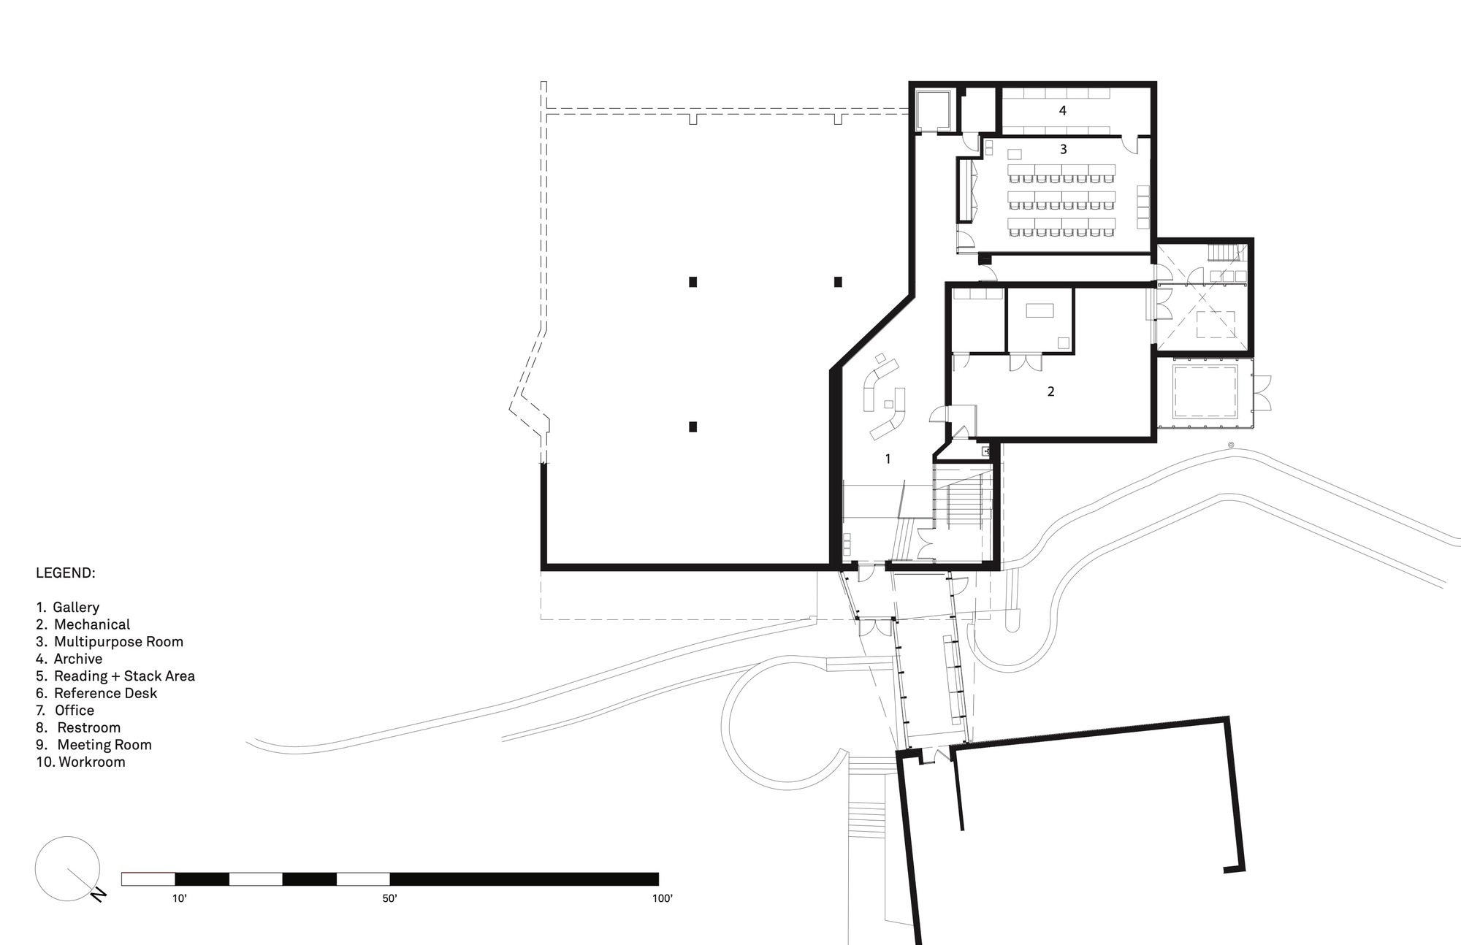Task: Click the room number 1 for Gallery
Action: pos(888,459)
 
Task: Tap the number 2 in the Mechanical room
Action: pos(1050,392)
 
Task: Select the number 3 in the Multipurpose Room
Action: pos(1063,150)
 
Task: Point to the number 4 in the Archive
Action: pos(1063,111)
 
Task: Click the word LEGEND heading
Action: pos(66,573)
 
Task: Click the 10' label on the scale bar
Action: pos(180,899)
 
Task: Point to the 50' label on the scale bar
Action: pos(389,899)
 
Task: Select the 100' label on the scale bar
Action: pos(662,899)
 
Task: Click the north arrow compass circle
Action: pos(67,868)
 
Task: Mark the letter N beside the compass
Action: pos(99,895)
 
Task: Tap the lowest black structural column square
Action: pos(693,426)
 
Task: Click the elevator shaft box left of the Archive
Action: pos(933,110)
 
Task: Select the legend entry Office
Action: pos(74,711)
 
